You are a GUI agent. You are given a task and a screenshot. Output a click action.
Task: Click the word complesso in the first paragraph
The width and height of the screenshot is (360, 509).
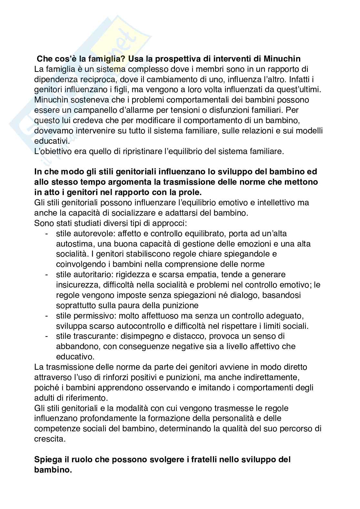[125, 69]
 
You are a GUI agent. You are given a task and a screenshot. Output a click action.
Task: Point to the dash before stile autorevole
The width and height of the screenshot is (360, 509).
[47, 233]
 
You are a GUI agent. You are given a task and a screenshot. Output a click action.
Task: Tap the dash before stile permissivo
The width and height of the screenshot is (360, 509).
[47, 316]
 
